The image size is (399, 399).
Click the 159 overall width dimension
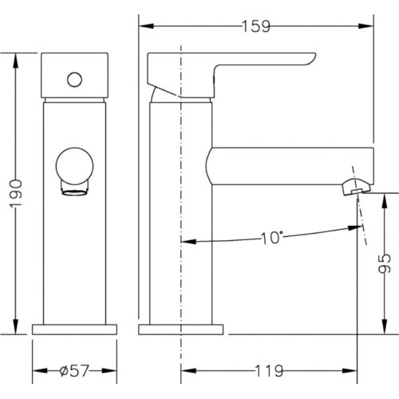(x=256, y=26)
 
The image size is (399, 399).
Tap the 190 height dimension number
(x=16, y=194)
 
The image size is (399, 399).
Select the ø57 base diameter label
(x=74, y=370)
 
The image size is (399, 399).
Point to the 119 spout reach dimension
(x=269, y=370)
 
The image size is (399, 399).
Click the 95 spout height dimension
(x=385, y=263)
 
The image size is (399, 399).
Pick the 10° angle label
(x=271, y=238)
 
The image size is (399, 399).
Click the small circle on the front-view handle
(x=74, y=80)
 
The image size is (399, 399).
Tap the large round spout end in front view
(x=74, y=166)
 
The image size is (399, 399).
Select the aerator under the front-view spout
(x=74, y=189)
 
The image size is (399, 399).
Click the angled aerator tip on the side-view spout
(x=356, y=188)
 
